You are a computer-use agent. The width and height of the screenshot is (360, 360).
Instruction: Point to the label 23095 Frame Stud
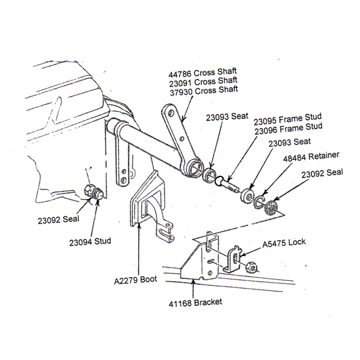coord(288,120)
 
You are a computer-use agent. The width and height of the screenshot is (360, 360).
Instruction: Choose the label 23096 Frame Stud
coord(288,128)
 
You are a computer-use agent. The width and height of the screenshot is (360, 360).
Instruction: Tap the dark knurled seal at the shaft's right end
coord(273,207)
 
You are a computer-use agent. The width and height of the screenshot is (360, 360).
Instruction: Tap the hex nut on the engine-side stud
coord(91,191)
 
